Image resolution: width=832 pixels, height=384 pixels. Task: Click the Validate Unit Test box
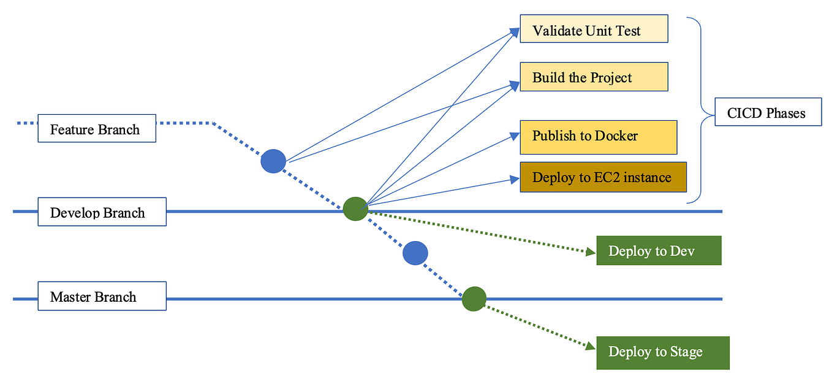(593, 29)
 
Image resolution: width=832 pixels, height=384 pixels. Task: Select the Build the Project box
(593, 77)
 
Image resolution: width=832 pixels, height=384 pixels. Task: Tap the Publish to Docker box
(598, 137)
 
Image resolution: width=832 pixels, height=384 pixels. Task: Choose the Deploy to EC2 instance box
(603, 177)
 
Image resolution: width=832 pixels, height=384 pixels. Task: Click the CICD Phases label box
(768, 112)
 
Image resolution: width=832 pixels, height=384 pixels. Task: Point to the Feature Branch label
(96, 128)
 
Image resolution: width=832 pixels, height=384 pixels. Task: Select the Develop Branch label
(102, 212)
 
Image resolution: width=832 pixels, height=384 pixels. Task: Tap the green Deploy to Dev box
(659, 250)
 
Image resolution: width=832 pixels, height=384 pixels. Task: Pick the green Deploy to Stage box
(663, 352)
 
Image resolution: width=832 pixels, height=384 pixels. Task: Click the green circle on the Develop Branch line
(355, 209)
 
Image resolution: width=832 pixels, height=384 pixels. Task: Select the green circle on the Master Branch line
(474, 299)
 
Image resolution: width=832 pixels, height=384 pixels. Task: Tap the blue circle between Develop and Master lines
(415, 253)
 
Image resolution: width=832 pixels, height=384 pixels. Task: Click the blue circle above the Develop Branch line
(273, 161)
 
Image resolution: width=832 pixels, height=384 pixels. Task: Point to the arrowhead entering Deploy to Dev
(591, 251)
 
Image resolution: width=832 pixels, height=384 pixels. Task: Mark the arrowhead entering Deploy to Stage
(591, 347)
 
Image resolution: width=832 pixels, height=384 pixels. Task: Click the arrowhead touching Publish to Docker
(515, 136)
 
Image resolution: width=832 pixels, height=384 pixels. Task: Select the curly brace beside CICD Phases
(698, 110)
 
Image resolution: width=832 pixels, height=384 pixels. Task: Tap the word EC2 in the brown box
(607, 178)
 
